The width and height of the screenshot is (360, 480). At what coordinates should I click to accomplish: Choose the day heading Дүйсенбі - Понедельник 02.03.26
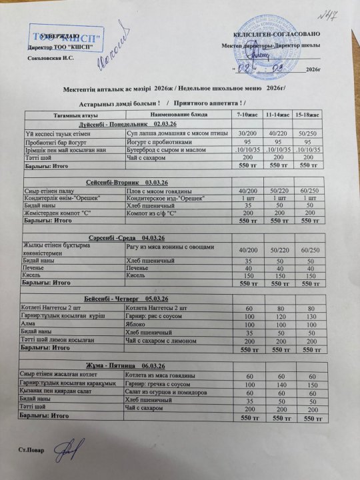coord(127,125)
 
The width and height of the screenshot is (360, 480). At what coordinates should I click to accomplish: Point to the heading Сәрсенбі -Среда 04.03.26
coord(127,238)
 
